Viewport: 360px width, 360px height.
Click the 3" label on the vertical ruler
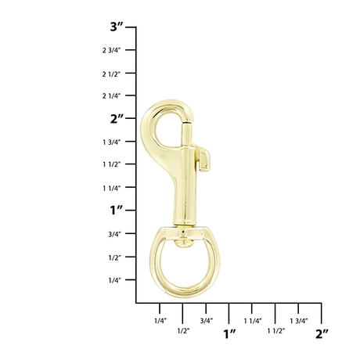[117, 27]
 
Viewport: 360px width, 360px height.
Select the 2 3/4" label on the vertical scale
[111, 50]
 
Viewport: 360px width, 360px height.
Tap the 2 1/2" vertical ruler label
[111, 74]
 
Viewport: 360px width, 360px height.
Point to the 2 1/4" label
[111, 96]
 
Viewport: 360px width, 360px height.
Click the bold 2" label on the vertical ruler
[117, 119]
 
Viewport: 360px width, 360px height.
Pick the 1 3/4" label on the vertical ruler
[112, 142]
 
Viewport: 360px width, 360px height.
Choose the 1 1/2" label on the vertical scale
[112, 164]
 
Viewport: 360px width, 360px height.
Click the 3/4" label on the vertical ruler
[114, 234]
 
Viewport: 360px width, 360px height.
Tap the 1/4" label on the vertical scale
[115, 280]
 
